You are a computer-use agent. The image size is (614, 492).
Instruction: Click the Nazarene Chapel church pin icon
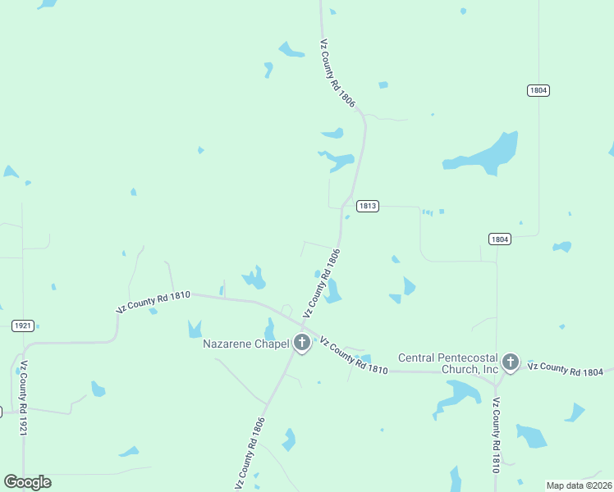[302, 343]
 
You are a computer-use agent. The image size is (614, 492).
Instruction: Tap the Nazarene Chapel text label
[246, 344]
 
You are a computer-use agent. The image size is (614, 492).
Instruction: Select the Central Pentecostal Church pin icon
[511, 362]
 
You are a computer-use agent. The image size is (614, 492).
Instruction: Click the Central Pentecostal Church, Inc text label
[448, 363]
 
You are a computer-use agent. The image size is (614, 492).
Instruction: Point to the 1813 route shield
[368, 206]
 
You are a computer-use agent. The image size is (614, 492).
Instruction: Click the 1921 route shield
[23, 326]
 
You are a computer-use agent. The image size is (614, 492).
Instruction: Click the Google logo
[27, 482]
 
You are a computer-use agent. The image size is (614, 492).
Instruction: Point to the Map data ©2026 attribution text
[579, 485]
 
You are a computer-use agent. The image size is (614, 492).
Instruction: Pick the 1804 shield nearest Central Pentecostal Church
[499, 239]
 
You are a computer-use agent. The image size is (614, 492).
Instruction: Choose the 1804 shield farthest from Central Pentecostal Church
[538, 90]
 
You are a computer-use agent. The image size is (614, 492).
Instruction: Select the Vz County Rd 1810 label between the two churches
[353, 354]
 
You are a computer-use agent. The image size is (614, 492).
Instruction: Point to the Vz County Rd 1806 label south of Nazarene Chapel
[250, 454]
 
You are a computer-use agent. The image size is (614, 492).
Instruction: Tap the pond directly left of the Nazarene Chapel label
[195, 329]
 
